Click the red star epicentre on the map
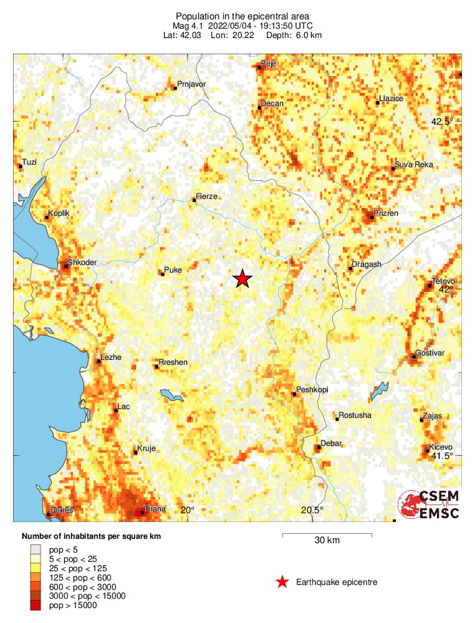242,279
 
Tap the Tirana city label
155,509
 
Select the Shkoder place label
82,263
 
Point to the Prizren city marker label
385,213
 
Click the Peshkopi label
312,390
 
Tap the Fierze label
206,196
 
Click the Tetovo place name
443,281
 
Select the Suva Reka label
413,165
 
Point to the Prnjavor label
191,84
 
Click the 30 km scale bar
327,535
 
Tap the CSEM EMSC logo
430,504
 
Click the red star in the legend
282,582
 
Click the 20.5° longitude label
312,510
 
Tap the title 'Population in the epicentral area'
242,16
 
